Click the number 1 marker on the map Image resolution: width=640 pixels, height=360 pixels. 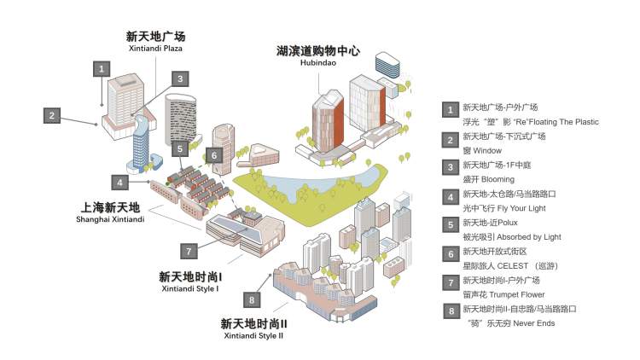pos(102,67)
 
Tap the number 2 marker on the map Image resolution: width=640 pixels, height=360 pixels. pos(52,115)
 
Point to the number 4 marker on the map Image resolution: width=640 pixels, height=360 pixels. pos(121,182)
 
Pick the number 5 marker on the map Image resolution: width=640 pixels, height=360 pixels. pos(178,148)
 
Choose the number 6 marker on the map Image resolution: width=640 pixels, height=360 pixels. pos(214,155)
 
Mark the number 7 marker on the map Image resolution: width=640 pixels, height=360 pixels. pos(189,251)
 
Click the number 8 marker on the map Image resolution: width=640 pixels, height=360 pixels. pos(251,299)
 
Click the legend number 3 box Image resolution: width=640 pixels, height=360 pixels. pos(448,166)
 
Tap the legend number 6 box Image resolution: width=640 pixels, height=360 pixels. pos(448,253)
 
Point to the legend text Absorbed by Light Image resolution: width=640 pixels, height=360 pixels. pos(506,236)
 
